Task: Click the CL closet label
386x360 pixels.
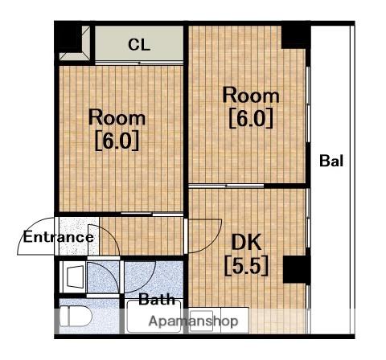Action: click(139, 45)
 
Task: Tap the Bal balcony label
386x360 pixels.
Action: click(331, 161)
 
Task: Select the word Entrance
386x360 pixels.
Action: click(59, 237)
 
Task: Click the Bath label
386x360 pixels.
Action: click(157, 299)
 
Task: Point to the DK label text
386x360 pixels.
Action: click(246, 242)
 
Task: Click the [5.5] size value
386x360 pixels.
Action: click(246, 265)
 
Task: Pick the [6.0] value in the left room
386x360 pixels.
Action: click(117, 141)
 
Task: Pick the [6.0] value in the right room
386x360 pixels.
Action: click(251, 118)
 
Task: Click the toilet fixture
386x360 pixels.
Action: click(76, 317)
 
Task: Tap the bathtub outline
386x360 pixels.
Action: click(154, 317)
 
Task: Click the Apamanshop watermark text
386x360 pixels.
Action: click(193, 321)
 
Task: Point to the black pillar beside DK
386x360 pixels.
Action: click(297, 269)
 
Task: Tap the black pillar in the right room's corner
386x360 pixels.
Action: click(296, 36)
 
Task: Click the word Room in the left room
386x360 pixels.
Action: click(117, 117)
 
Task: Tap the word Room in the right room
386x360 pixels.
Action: click(251, 96)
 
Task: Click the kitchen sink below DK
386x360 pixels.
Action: click(201, 320)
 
